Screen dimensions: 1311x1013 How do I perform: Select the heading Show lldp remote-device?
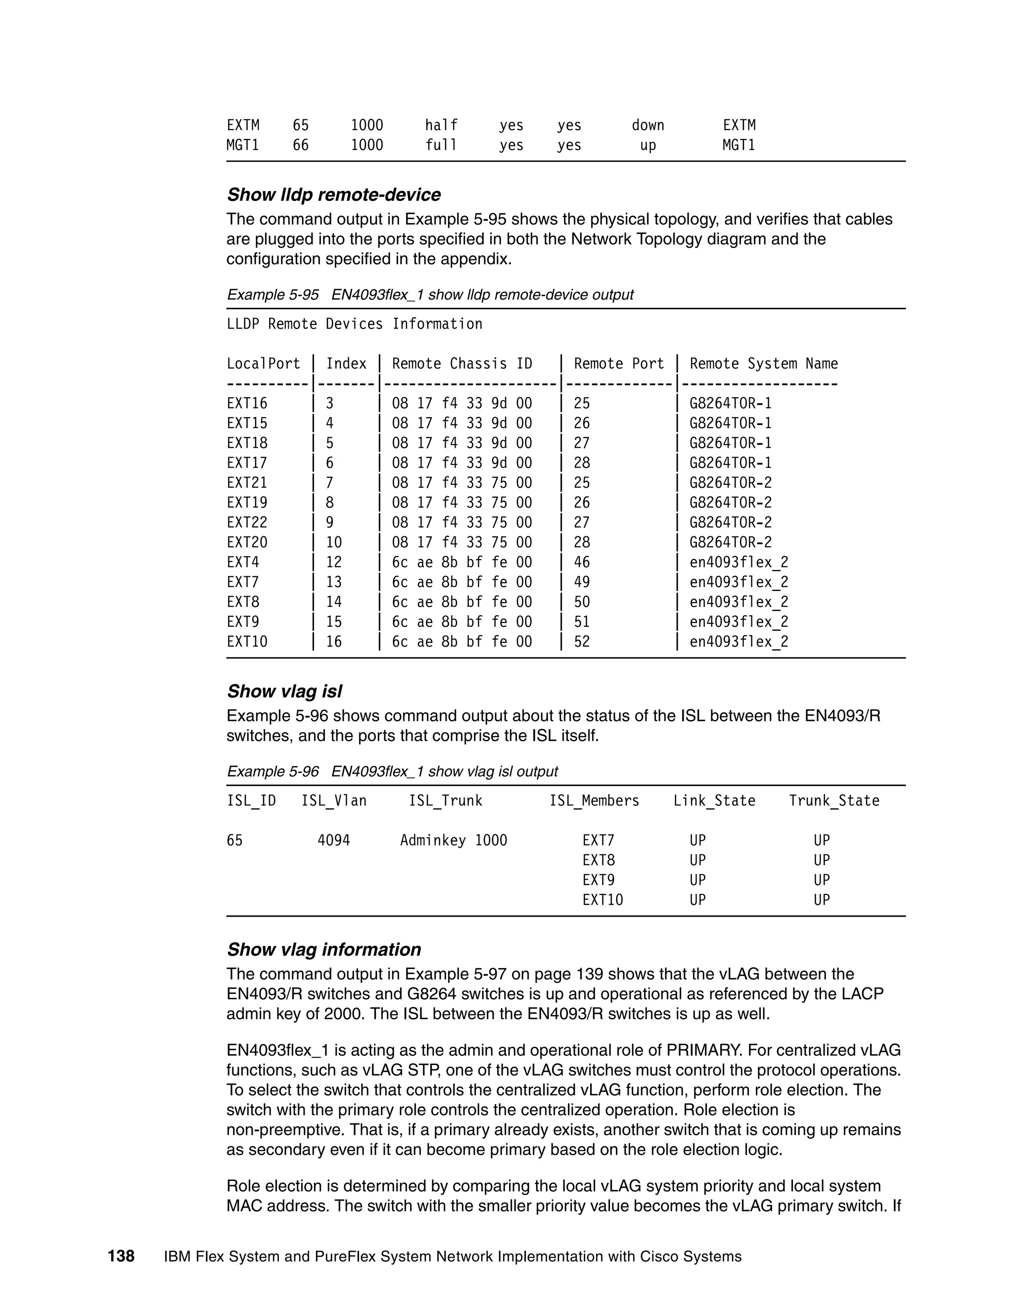(x=334, y=194)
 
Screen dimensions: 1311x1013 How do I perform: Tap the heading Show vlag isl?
(x=284, y=692)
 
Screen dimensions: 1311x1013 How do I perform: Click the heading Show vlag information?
(x=324, y=950)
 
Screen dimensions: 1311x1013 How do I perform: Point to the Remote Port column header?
(x=619, y=364)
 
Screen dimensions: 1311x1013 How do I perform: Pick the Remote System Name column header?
(x=763, y=364)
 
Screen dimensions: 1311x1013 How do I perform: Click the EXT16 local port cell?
(x=247, y=403)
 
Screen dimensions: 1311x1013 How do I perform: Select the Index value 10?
(x=334, y=543)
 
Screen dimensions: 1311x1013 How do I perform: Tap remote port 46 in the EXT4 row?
(x=582, y=562)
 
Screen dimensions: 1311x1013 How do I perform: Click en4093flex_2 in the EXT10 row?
(x=739, y=642)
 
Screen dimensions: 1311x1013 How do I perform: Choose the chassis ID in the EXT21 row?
(x=461, y=483)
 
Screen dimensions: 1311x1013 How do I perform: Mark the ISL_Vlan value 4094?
(x=334, y=841)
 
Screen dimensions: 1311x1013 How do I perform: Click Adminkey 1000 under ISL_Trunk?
(x=454, y=841)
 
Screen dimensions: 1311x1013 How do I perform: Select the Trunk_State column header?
(x=833, y=801)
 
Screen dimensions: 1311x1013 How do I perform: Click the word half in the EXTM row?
(x=441, y=126)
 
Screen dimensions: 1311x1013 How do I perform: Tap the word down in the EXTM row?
(x=647, y=126)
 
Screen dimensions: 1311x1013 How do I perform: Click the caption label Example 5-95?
(x=273, y=295)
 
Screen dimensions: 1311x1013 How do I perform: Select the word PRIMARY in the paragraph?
(x=703, y=1050)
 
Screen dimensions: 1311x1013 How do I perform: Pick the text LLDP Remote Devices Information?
(x=354, y=324)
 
